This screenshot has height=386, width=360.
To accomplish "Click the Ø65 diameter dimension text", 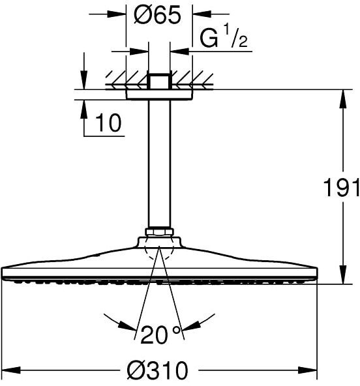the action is tap(158, 15).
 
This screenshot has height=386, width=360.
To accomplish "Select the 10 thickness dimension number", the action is tap(108, 123).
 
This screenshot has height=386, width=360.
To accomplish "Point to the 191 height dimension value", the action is tap(341, 188).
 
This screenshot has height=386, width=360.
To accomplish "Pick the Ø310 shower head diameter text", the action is tap(157, 370).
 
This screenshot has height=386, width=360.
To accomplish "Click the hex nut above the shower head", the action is tap(160, 232).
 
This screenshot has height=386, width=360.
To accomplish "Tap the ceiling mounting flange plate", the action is tap(159, 95).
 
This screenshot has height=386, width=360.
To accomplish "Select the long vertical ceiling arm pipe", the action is tap(159, 164).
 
